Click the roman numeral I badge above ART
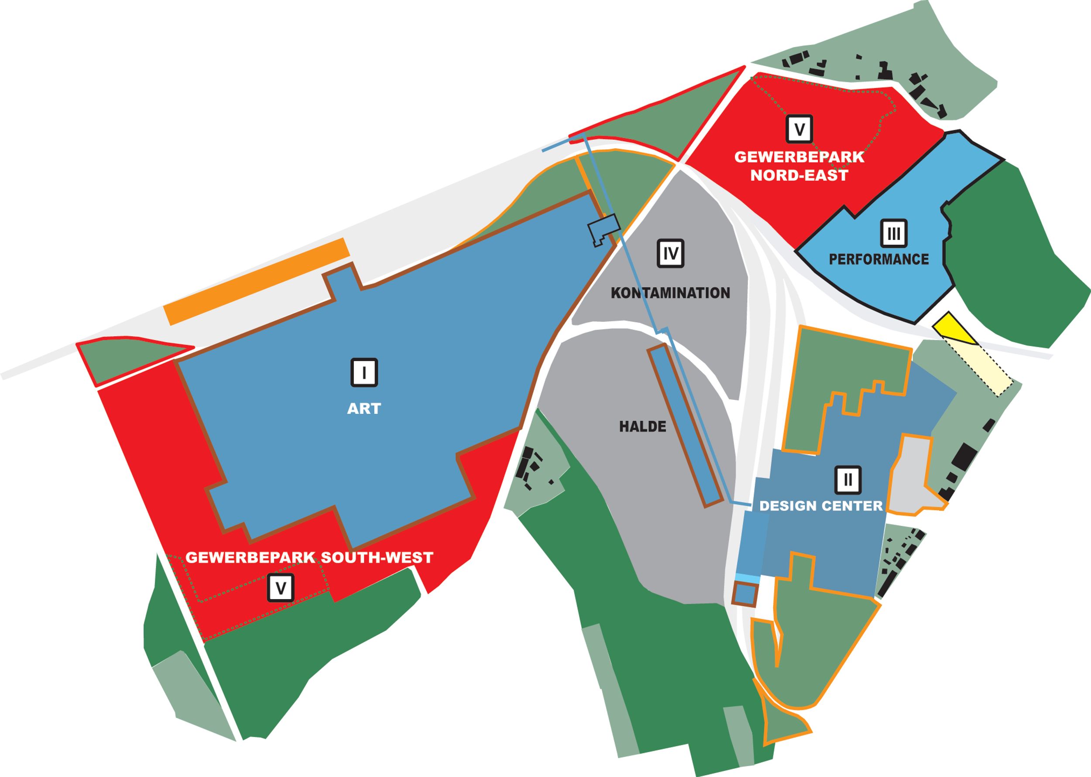[364, 372]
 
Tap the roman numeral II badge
[848, 479]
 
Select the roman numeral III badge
[894, 233]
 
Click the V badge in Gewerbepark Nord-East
[799, 129]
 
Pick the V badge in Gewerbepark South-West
[281, 587]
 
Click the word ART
[364, 409]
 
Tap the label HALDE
[642, 426]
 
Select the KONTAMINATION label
[670, 293]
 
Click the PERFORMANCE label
[879, 259]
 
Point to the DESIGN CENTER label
[821, 506]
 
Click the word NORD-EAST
[799, 176]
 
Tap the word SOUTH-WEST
[377, 557]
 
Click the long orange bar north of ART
[257, 281]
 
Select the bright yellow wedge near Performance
[953, 329]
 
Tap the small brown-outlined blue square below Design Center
[744, 594]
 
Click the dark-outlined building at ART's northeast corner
[603, 229]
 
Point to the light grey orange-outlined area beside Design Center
[912, 478]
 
